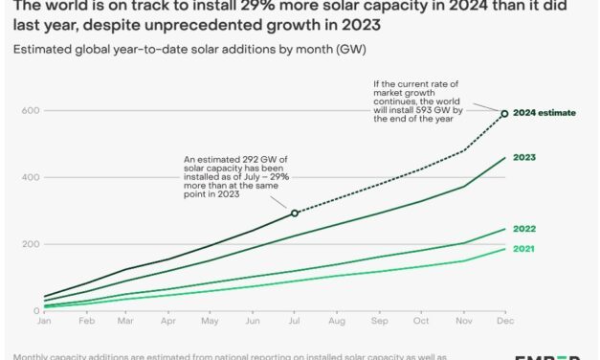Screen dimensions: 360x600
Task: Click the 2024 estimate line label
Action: pos(544,113)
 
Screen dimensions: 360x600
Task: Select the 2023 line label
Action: pos(523,157)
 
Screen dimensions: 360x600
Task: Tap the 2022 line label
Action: pos(523,229)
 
